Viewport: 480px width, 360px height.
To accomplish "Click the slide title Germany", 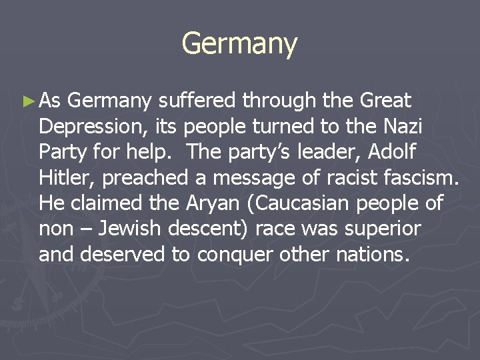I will (x=239, y=44).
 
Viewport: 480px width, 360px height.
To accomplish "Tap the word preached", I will (x=141, y=177).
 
